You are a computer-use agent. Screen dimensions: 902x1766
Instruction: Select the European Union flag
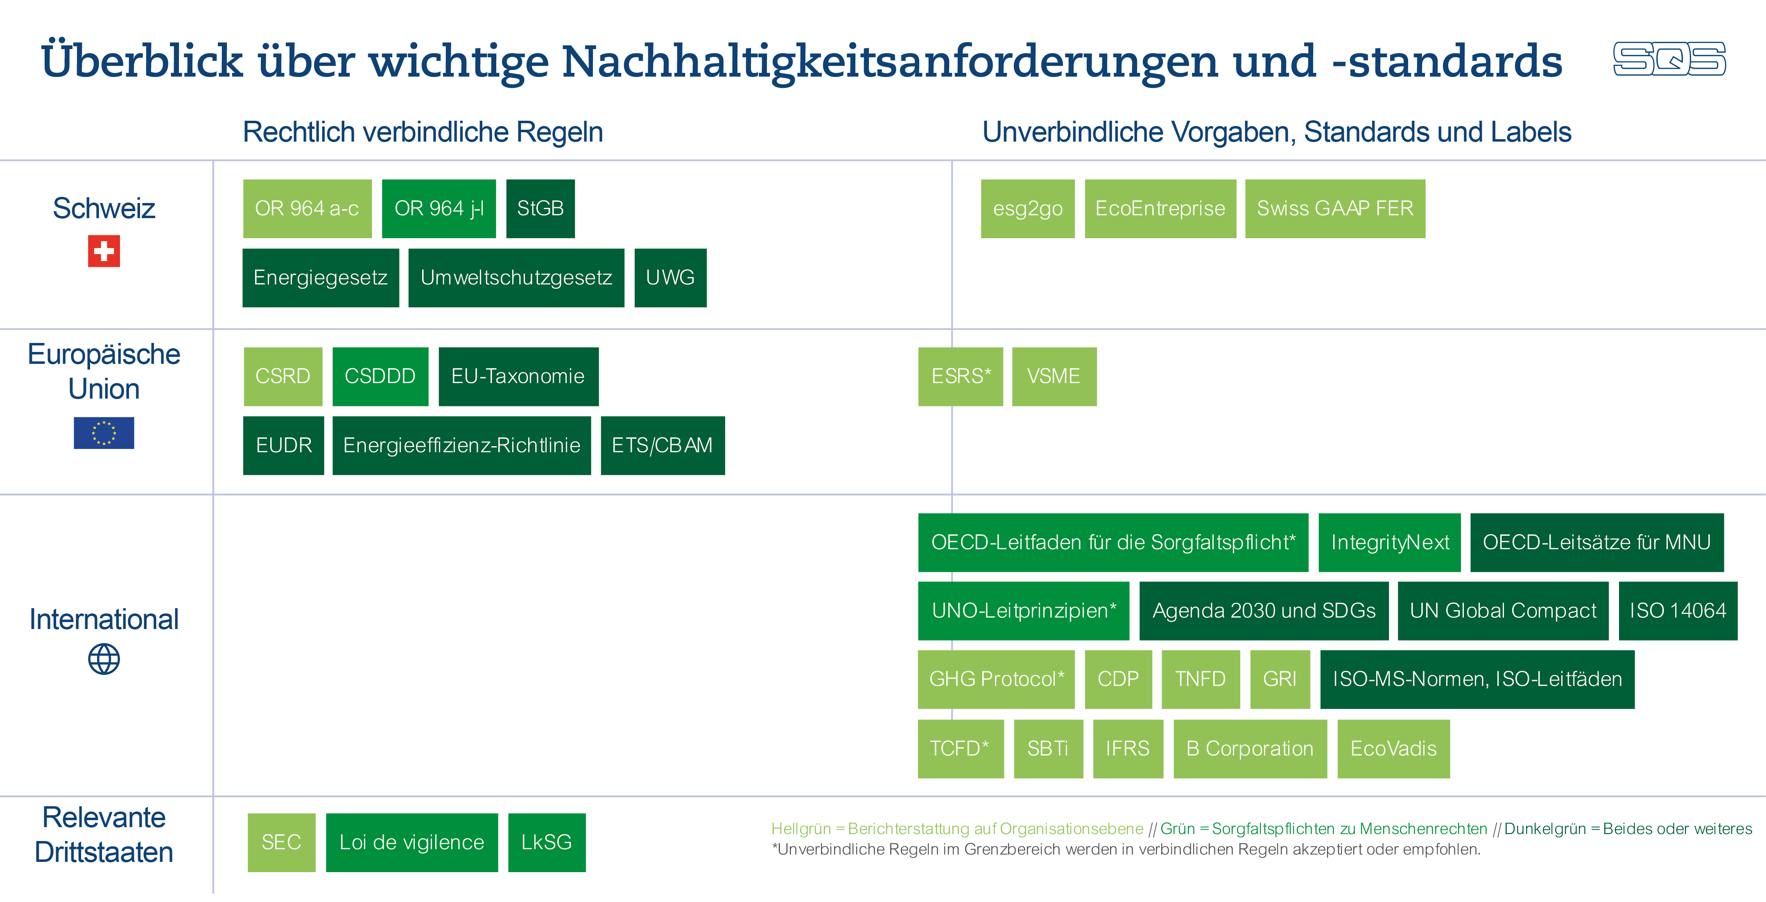point(104,433)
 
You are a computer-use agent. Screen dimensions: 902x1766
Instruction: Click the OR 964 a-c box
point(307,208)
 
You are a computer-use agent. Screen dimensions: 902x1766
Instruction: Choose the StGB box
point(540,208)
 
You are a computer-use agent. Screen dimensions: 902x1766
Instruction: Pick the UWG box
point(670,277)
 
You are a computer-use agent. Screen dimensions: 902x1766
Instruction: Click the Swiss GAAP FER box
point(1335,208)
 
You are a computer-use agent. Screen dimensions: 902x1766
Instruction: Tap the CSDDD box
point(380,376)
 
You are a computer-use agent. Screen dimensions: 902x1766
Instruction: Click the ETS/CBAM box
point(662,446)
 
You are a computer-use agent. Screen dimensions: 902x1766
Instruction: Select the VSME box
point(1054,376)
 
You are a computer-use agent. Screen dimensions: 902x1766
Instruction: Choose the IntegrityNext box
point(1390,542)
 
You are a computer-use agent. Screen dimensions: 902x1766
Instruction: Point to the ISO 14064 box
point(1678,611)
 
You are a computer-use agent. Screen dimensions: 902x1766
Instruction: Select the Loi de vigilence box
point(412,842)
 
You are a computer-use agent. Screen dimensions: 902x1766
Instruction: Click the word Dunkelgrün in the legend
point(1544,829)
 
